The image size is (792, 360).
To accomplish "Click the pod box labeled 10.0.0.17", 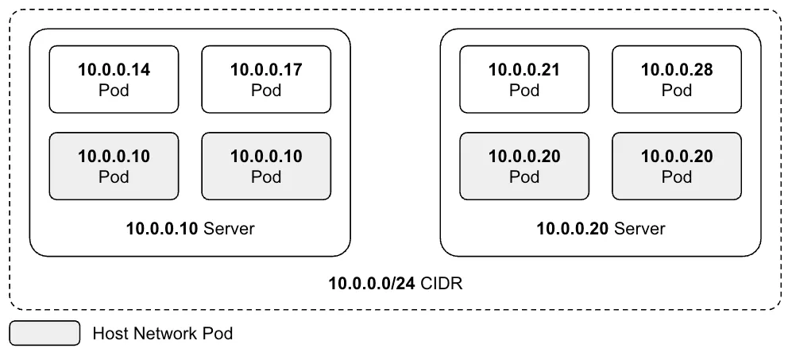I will [266, 79].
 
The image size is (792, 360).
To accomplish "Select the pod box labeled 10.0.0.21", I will [524, 79].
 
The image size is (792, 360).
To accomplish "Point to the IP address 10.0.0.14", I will [114, 70].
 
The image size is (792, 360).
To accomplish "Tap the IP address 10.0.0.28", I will [677, 70].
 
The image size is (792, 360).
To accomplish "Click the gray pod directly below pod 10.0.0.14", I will [114, 165].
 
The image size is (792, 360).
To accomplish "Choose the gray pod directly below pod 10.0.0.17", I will [266, 165].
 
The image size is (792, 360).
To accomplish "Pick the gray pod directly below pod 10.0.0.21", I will [524, 165].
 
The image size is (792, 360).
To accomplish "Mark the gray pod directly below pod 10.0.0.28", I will [677, 165].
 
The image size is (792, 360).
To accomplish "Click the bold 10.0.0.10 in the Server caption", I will [163, 229].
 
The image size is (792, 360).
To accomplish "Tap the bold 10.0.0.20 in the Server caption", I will [573, 229].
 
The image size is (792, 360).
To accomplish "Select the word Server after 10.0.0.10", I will [230, 229].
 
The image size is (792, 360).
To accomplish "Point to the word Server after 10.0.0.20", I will [639, 229].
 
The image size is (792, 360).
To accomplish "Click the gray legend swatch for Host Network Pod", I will [45, 333].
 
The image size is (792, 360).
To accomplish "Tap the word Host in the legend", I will [109, 333].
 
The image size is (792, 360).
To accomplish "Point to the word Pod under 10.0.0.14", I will [114, 90].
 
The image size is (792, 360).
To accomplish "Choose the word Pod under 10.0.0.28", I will [677, 90].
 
